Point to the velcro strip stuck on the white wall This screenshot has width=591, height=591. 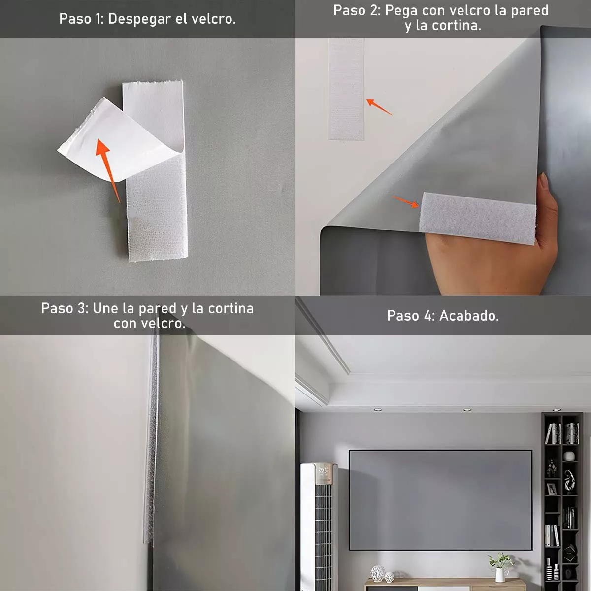pos(346,89)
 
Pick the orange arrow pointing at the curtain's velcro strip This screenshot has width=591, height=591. pos(405,201)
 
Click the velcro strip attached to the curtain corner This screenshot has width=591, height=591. pos(477,218)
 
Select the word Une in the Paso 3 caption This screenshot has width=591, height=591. pos(106,309)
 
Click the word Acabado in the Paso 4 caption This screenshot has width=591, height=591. pos(469,316)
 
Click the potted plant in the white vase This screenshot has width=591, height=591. pos(500,566)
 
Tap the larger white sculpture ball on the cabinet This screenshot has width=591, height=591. pos(378,573)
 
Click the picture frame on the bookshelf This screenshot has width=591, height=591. pos(552,489)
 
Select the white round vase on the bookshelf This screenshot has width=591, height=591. pos(569,456)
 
